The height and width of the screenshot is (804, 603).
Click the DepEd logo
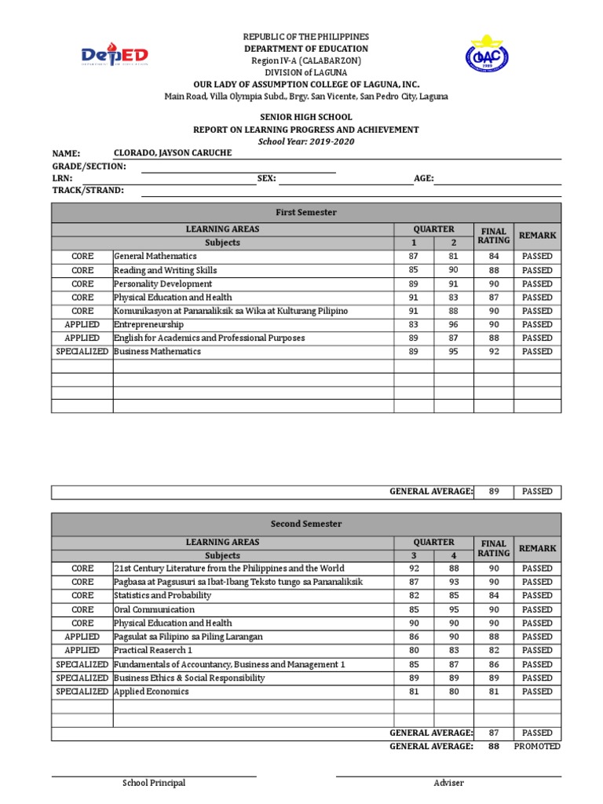coord(115,57)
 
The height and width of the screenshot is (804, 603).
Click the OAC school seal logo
coord(486,56)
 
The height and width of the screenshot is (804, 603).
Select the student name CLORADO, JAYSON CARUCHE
coord(173,152)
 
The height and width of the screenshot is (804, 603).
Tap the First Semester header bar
coord(306,213)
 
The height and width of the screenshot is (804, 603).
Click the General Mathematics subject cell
coord(155,256)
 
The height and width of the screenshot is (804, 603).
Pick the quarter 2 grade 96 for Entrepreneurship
coord(453,324)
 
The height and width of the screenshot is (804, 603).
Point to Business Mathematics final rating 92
coord(494,352)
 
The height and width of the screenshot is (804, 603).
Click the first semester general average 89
coord(494,492)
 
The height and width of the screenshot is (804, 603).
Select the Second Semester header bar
coord(306,524)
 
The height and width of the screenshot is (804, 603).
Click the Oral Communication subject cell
coord(154,609)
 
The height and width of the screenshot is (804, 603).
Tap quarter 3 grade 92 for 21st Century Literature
coord(414,568)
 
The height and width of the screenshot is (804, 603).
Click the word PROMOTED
coord(537,747)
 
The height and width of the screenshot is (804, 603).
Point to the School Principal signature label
coord(154,783)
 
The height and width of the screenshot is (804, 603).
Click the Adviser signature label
coord(448,783)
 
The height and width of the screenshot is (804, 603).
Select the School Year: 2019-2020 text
coord(306,141)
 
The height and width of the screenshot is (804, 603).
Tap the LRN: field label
coord(62,178)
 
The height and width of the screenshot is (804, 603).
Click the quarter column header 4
coord(453,555)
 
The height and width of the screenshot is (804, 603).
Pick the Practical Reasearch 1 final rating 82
coord(494,650)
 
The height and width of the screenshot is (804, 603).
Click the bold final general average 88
coord(494,747)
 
